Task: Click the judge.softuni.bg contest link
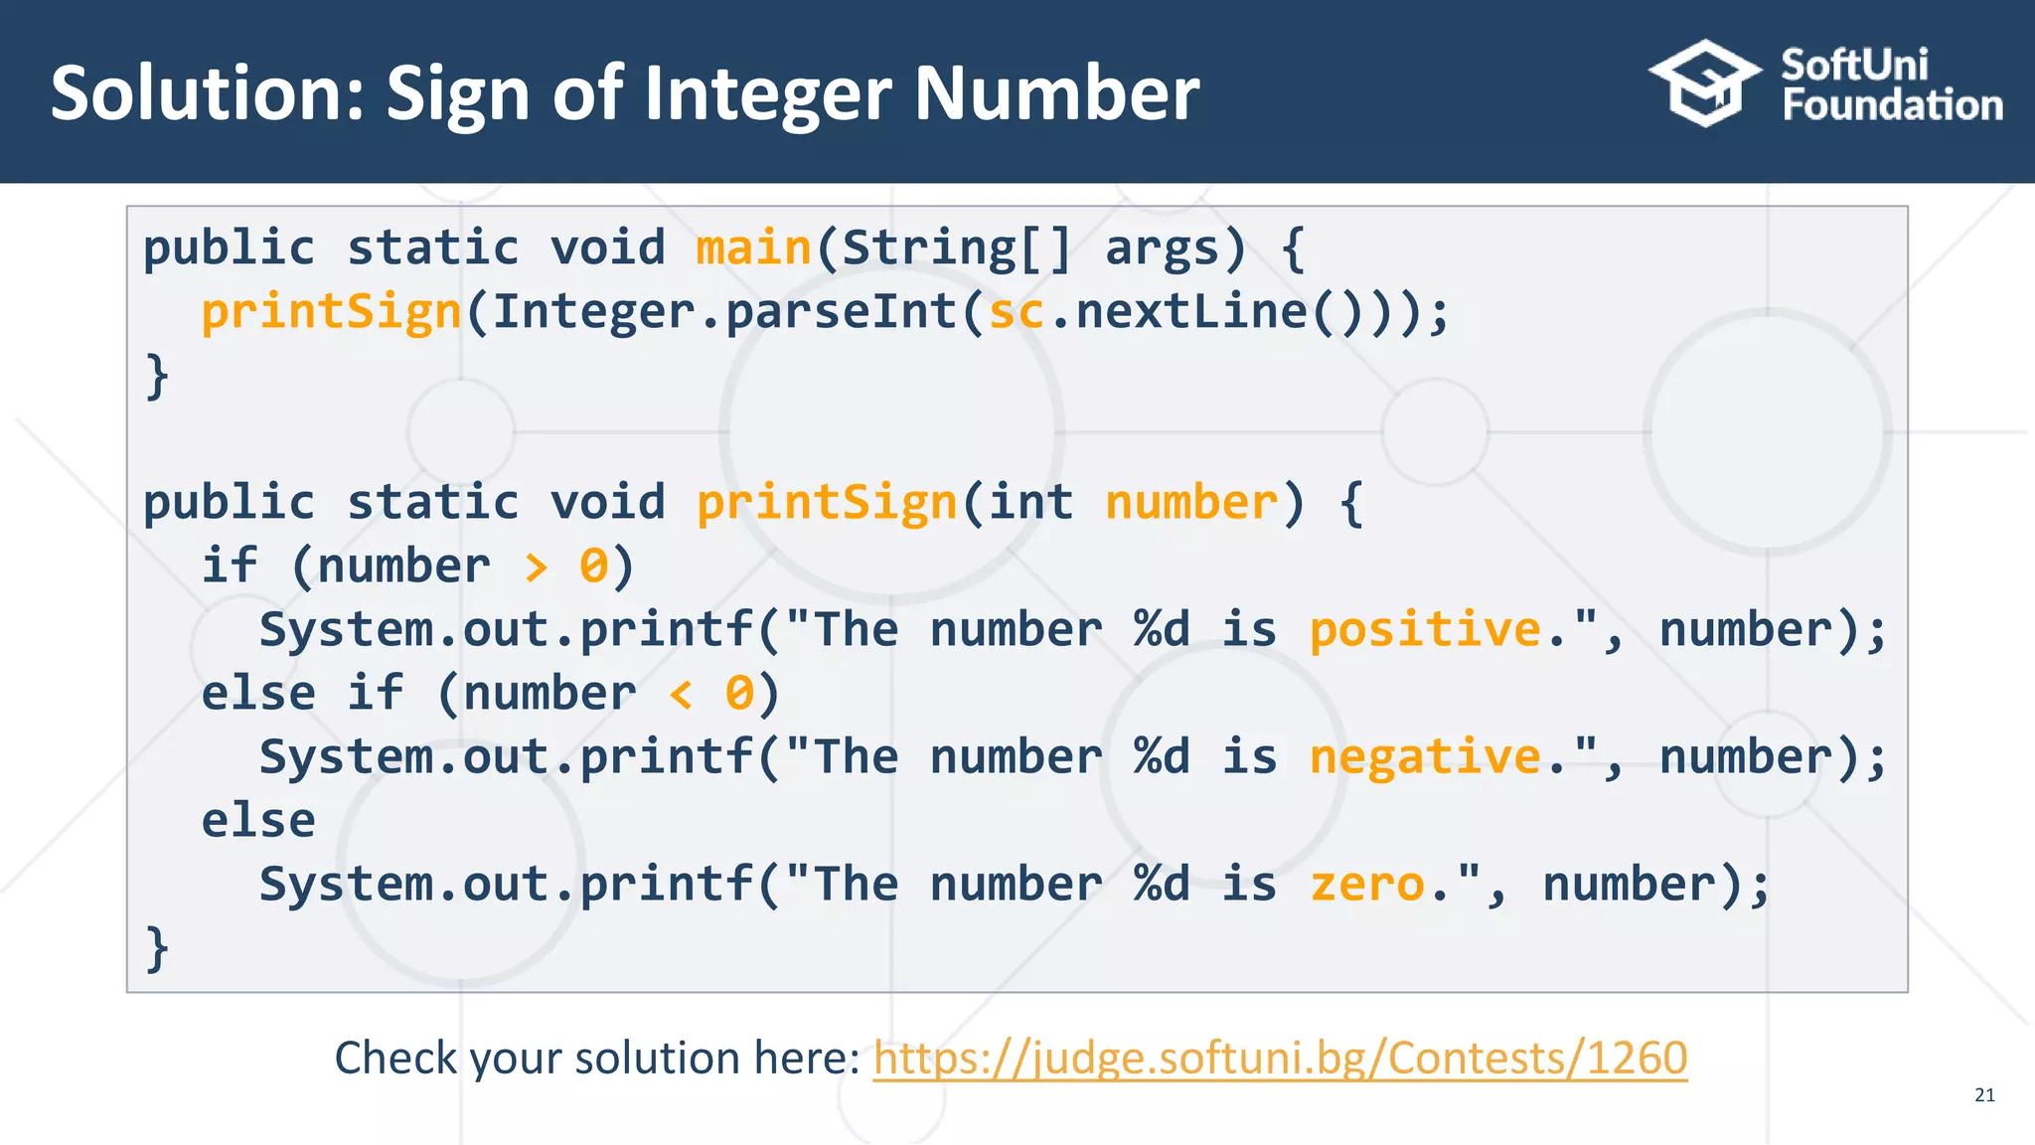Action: coord(1280,1058)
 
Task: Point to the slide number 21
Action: coord(1984,1095)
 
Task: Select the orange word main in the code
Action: coord(753,247)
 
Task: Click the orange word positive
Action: coord(1425,630)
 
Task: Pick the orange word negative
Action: coord(1425,757)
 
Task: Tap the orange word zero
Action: coord(1367,885)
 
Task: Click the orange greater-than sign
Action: coord(536,568)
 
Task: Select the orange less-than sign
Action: coord(681,695)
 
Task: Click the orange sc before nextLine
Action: coord(1016,312)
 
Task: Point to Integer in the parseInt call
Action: coord(594,312)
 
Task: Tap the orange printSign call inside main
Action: coord(331,312)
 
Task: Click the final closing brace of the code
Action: coord(157,948)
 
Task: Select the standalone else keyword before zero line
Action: coord(258,821)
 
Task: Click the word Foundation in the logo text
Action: coord(1892,105)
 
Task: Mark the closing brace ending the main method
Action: coord(157,376)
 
